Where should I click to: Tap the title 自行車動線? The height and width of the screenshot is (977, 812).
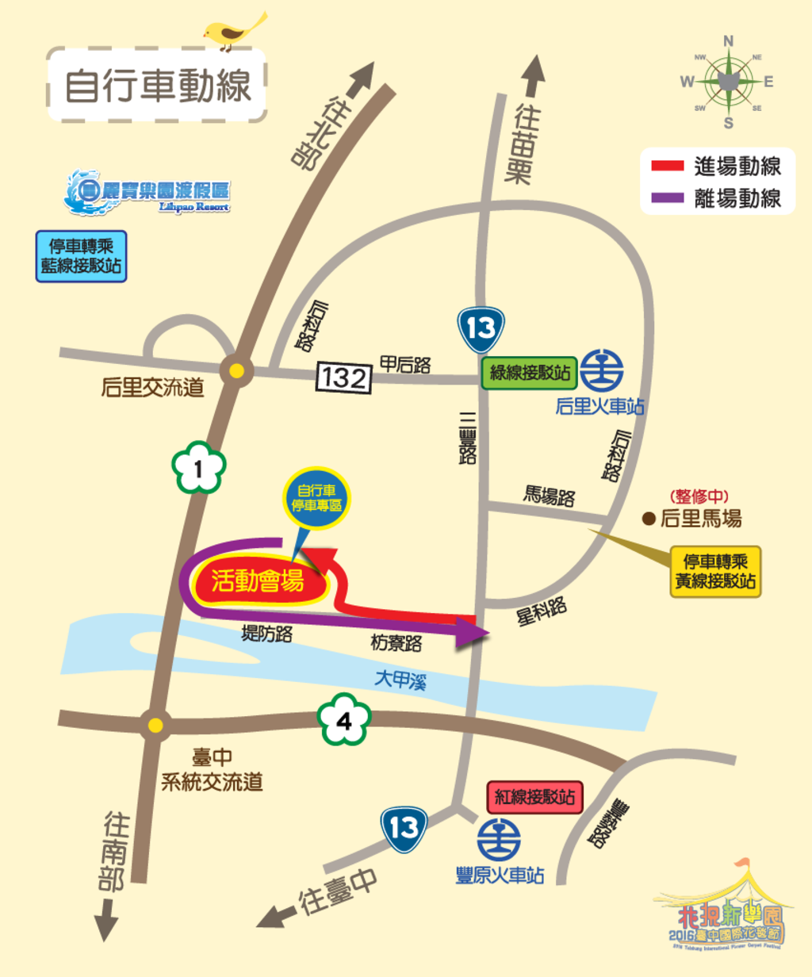[157, 85]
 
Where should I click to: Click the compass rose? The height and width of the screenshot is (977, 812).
[727, 82]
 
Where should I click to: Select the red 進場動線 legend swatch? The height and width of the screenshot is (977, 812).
[667, 167]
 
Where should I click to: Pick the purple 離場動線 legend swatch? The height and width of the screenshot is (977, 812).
[667, 198]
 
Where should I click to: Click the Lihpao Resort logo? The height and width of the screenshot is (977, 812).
[147, 193]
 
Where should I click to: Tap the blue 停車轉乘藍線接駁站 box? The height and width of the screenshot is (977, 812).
[81, 256]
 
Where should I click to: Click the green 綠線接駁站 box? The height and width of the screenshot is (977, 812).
[530, 372]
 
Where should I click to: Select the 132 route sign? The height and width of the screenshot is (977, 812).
[344, 377]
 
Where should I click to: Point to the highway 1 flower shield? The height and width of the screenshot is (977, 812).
[198, 468]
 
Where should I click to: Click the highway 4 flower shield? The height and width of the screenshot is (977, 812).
[344, 720]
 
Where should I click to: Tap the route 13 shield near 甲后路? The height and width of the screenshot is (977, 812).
[481, 329]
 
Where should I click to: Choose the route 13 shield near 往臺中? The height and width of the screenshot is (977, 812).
[404, 829]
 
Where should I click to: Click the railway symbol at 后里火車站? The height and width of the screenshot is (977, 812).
[601, 371]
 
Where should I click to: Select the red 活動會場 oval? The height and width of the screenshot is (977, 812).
[258, 581]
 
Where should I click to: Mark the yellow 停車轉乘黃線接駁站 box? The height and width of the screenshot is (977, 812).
[715, 571]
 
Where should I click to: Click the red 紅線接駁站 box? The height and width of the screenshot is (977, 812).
[534, 797]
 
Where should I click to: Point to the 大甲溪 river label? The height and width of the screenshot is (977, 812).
[400, 680]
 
